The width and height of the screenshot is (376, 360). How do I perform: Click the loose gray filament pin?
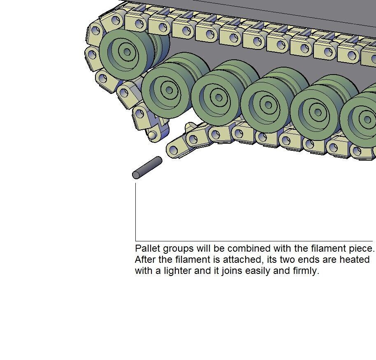[x=147, y=168]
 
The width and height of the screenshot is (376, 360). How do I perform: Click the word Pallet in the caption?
[x=148, y=248]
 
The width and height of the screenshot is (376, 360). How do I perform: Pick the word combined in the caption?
[x=249, y=248]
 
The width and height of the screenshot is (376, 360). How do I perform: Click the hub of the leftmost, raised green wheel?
[x=127, y=52]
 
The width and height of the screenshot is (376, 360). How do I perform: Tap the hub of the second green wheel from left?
[x=169, y=90]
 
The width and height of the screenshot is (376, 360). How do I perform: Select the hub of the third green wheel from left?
[x=219, y=98]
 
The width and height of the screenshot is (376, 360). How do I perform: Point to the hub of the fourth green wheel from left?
[x=269, y=105]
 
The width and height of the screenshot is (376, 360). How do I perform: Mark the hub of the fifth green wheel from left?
[x=318, y=112]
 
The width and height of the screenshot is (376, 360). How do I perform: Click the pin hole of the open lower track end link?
[x=174, y=150]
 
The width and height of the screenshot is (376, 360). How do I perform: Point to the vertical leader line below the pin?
[x=135, y=212]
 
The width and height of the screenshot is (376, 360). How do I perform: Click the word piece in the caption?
[x=362, y=249]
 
